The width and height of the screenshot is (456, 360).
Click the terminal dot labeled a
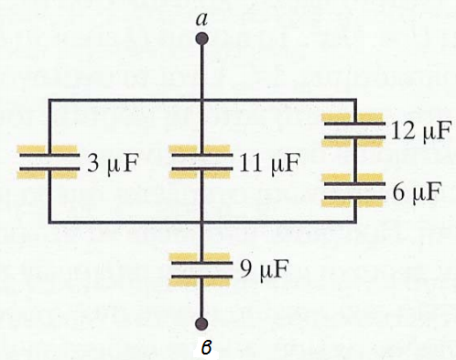[x=201, y=39]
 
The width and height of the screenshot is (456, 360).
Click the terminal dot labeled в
[x=201, y=323]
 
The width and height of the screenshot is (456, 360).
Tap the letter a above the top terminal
[x=201, y=19]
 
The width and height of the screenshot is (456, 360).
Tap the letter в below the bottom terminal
[x=206, y=348]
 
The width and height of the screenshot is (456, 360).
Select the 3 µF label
[x=113, y=163]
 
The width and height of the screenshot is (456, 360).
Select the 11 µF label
[x=269, y=163]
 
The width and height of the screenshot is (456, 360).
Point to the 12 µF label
[x=421, y=131]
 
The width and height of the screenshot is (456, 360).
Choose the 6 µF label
[x=418, y=191]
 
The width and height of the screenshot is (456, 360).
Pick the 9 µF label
[x=264, y=270]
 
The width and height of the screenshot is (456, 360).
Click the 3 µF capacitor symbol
[x=49, y=162]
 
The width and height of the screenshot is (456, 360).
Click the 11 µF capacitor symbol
[x=201, y=162]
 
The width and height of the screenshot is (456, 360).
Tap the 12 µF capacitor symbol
[x=355, y=130]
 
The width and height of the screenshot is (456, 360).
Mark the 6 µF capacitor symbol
[x=355, y=191]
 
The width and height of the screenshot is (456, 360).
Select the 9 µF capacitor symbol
[x=201, y=269]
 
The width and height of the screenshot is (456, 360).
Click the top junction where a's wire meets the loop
[x=201, y=100]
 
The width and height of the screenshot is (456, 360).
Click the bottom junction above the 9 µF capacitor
[x=201, y=222]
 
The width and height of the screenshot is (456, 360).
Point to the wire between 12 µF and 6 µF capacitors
[x=355, y=160]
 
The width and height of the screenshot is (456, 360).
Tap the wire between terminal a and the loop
[x=201, y=72]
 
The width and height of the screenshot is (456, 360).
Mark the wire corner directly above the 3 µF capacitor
[x=49, y=100]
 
